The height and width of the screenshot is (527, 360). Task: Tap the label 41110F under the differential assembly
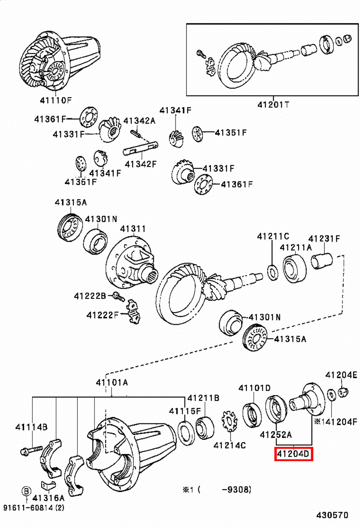55,100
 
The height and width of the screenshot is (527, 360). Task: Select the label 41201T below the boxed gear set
273,104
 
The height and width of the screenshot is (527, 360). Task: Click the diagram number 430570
332,515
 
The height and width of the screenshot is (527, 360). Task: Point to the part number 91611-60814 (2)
34,508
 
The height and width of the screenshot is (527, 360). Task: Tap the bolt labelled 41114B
32,449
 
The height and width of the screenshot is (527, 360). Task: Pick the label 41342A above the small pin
139,121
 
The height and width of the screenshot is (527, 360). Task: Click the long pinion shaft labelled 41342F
141,148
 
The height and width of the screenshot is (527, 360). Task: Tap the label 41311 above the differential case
133,229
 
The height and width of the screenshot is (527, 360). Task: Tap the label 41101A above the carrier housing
112,382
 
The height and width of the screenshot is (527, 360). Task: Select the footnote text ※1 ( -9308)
217,490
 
